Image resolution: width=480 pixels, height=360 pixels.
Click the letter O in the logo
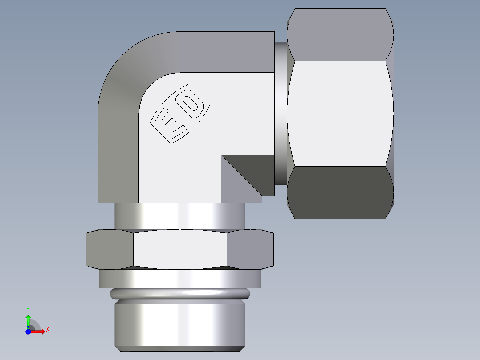coord(192,102)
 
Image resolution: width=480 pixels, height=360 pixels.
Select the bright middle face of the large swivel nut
coord(340,114)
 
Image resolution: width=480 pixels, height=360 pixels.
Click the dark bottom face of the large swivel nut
coord(340,192)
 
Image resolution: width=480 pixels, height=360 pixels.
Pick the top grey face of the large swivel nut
coord(340,36)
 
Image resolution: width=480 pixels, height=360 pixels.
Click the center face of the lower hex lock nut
coord(179,250)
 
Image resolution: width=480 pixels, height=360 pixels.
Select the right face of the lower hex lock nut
coord(249,250)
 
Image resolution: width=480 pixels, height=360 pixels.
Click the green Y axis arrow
coord(28,319)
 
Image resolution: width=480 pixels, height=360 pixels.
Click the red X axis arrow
coord(39,331)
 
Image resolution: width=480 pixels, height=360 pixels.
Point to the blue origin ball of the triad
coord(28,331)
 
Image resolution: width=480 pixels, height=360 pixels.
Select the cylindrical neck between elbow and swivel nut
coord(280,114)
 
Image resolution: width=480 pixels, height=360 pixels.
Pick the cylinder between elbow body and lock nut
coord(179,217)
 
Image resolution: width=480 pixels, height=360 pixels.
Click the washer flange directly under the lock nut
coord(179,278)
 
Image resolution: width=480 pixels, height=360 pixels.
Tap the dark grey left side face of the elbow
coord(118,158)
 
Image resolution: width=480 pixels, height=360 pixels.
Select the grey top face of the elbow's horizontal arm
coord(227,51)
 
